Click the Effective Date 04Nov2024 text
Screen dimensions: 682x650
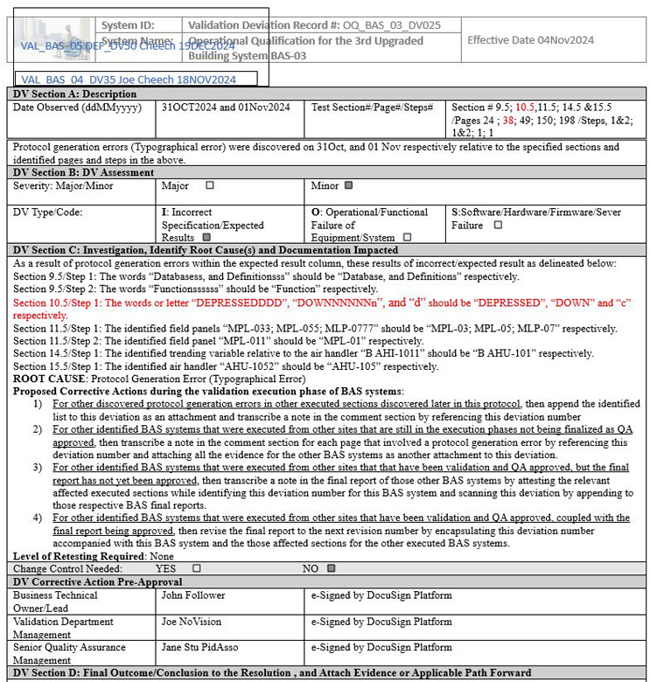pos(530,40)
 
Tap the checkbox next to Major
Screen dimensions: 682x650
pos(209,185)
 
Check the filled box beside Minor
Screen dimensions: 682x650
pos(348,185)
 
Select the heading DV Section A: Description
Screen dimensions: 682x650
pos(74,94)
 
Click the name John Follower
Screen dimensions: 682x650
pos(193,595)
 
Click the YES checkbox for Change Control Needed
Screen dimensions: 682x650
pos(196,567)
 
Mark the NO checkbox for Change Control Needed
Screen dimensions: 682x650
pos(331,567)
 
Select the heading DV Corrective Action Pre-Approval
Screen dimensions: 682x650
pos(103,581)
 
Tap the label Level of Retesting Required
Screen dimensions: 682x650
pos(79,555)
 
